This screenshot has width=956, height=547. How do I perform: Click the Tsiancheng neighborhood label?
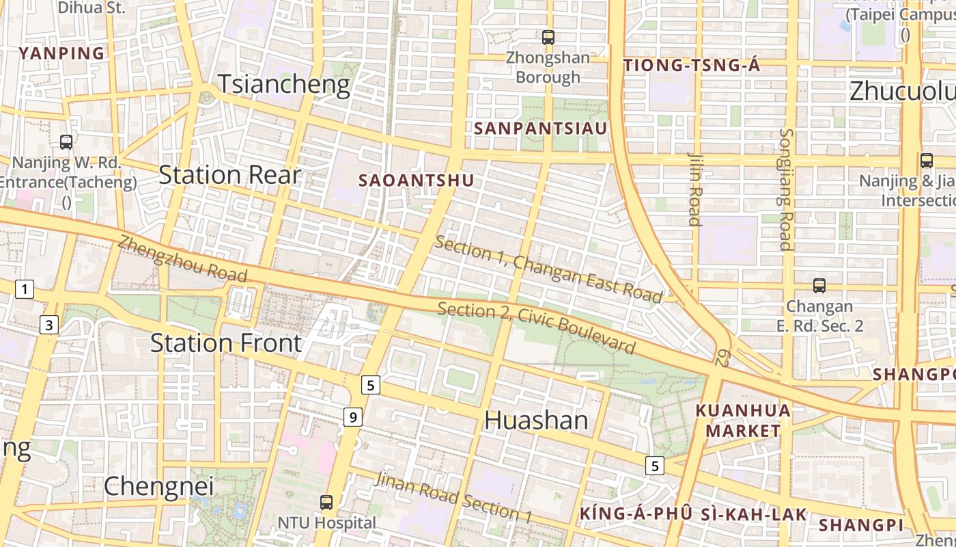click(x=283, y=84)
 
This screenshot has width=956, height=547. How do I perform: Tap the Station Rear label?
click(x=229, y=175)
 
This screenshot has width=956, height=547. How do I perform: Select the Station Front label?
click(x=225, y=343)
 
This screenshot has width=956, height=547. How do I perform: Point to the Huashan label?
click(x=536, y=420)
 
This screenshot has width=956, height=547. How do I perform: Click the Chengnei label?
click(x=158, y=486)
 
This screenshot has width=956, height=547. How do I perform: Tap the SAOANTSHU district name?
click(x=416, y=181)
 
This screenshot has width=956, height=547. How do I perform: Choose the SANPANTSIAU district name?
click(x=540, y=129)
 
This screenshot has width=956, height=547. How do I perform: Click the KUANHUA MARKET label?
click(x=742, y=421)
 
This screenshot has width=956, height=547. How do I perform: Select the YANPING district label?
click(x=62, y=53)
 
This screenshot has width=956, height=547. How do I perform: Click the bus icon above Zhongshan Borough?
click(x=548, y=37)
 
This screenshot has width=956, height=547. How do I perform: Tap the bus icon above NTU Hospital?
click(x=326, y=503)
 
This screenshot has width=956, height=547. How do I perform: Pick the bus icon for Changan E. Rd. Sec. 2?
click(x=819, y=286)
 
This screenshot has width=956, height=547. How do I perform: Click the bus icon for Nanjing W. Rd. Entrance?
click(x=66, y=142)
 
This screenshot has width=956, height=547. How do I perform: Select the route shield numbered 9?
click(x=352, y=416)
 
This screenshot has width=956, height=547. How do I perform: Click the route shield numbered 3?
click(x=48, y=325)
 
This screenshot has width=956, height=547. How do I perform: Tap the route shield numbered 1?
click(x=25, y=290)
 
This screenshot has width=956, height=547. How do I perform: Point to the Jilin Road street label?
click(x=694, y=188)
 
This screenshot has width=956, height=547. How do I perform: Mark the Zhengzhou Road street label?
click(x=182, y=259)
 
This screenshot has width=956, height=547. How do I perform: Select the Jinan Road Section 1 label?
click(x=453, y=497)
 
